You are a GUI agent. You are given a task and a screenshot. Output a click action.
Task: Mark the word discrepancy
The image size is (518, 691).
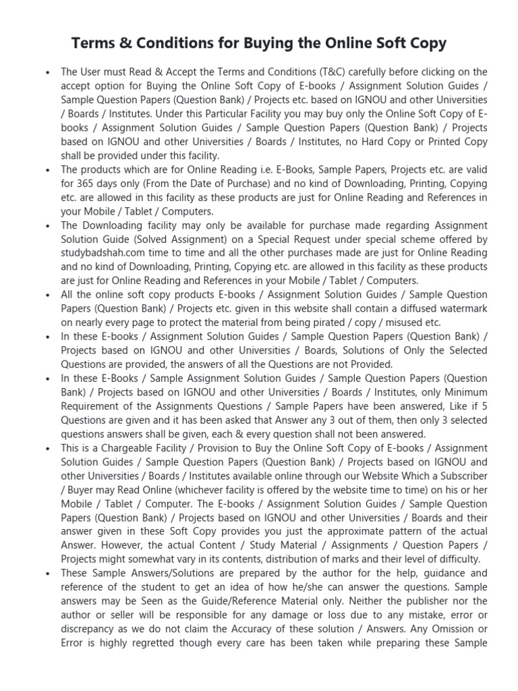tap(91, 628)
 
